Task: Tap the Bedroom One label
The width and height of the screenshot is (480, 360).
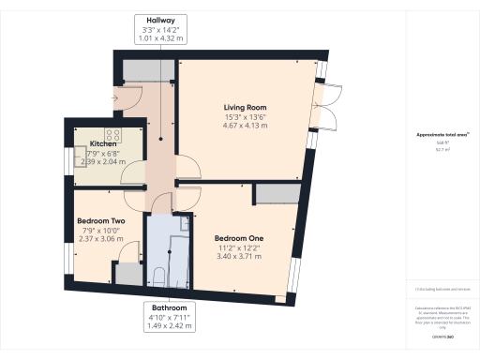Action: point(238,237)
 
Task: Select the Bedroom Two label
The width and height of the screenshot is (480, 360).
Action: point(99,221)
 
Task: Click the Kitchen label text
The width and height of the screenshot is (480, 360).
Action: point(102,143)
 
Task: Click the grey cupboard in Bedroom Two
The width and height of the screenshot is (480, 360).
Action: point(125,275)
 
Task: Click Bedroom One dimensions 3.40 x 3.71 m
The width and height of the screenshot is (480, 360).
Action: point(238,256)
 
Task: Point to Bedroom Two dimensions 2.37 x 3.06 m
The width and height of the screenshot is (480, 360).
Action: point(99,240)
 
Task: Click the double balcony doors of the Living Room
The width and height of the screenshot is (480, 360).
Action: point(326,106)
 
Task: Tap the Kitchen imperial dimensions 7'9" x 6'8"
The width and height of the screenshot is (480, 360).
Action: point(102,153)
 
